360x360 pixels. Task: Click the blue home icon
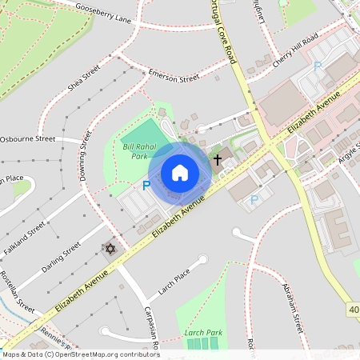pyautogui.click(x=180, y=172)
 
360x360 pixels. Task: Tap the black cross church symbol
pyautogui.click(x=217, y=160)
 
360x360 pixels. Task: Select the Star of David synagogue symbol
pyautogui.click(x=110, y=250)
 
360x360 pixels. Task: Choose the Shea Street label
pyautogui.click(x=82, y=78)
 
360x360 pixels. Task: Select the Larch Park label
pyautogui.click(x=202, y=332)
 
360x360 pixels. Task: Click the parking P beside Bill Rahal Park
pyautogui.click(x=146, y=186)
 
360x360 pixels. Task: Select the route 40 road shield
pyautogui.click(x=354, y=309)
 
